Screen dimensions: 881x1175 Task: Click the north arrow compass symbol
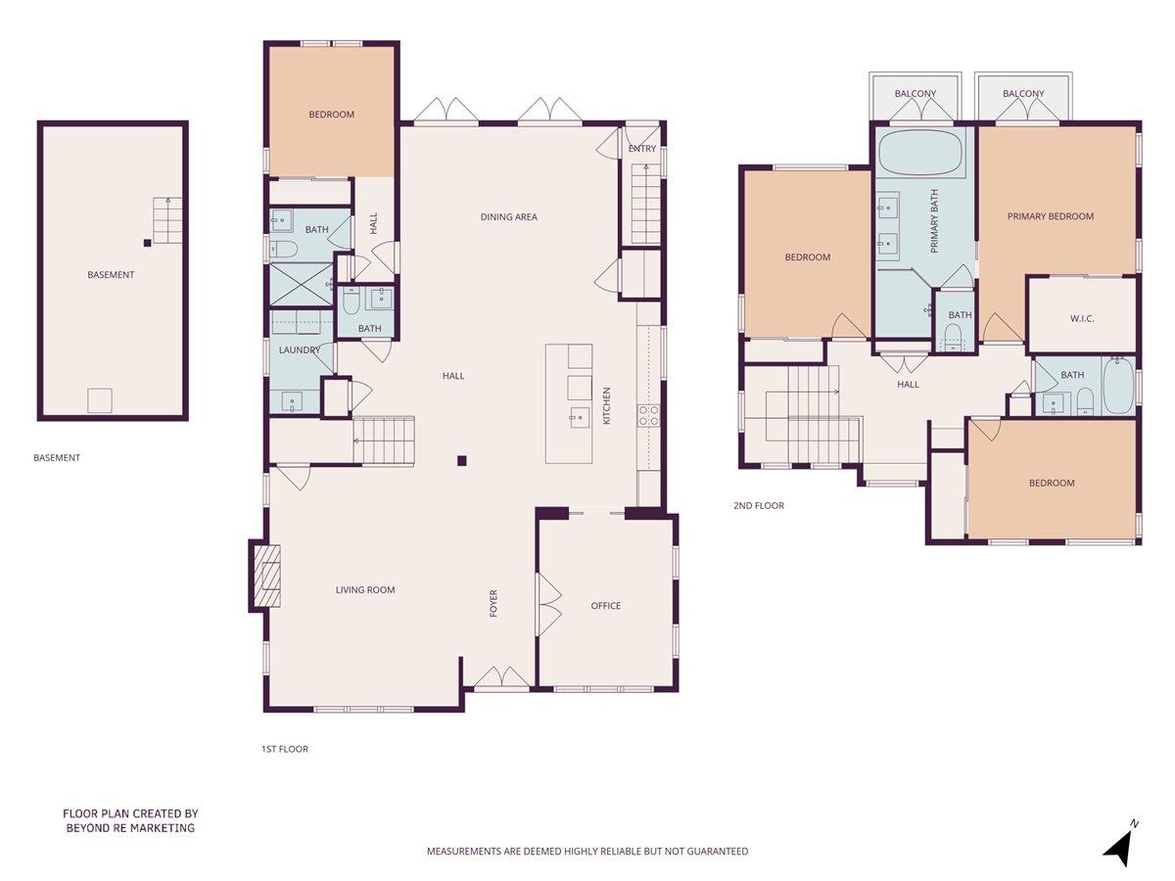pos(1120,844)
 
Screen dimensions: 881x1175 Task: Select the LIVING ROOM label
pos(365,589)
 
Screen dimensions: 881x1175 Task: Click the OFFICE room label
pos(605,605)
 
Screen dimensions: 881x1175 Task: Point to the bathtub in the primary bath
pos(920,152)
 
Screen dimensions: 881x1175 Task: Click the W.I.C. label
pos(1081,318)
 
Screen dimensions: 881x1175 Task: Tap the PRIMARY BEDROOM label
pos(1050,216)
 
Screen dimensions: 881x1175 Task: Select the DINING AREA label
pos(508,216)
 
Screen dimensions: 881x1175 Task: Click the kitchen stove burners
pos(648,415)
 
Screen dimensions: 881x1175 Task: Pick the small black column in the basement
pos(147,243)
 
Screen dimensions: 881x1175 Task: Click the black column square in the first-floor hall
pos(462,460)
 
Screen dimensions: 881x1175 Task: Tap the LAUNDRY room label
pos(300,349)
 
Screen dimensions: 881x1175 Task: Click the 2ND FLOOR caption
pos(758,506)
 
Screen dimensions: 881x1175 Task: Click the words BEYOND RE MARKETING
pos(130,828)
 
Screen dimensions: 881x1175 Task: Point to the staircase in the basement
pos(167,220)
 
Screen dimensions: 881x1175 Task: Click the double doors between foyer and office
pos(548,605)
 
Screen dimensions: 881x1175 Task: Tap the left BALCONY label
pos(915,94)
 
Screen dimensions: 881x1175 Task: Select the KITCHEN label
pos(606,405)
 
